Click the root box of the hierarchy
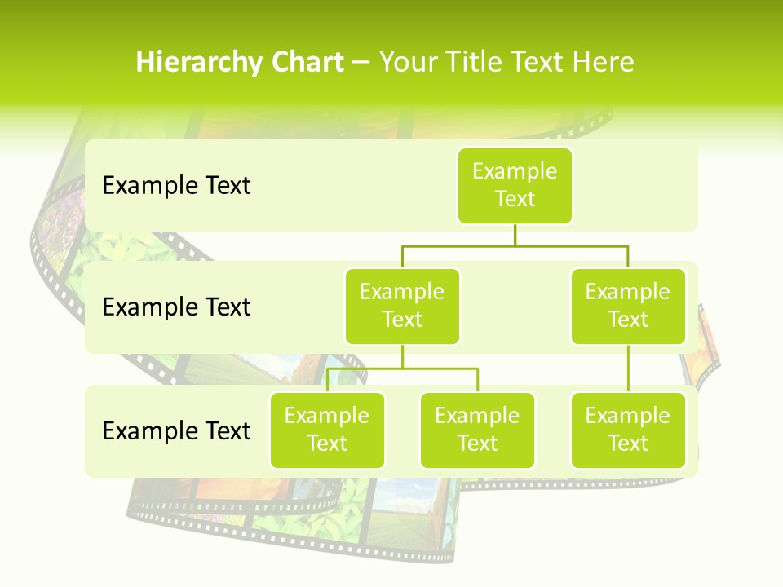515,185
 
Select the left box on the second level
402,306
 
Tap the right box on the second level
628,306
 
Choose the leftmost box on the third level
327,430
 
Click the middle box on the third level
477,430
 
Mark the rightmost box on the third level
628,430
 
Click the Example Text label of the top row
176,186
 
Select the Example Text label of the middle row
176,307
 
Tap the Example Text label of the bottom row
176,430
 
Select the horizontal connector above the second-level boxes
515,245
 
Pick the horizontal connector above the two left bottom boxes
402,369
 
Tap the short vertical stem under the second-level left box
402,356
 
